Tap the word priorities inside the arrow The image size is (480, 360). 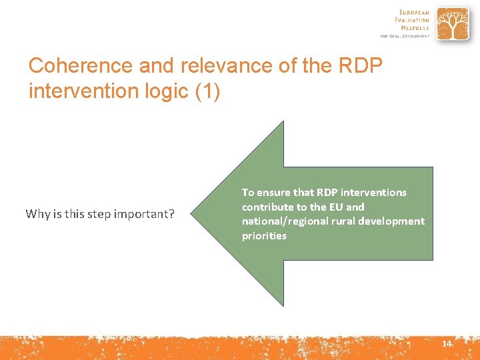[264, 236]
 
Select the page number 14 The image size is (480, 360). [446, 343]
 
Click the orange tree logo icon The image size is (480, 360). [453, 24]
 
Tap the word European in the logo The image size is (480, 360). [414, 12]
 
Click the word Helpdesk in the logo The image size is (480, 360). [415, 28]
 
